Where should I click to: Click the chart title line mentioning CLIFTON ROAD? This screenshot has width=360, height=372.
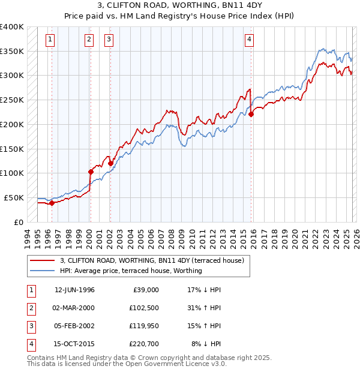point(179,7)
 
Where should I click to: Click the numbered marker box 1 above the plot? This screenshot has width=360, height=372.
point(49,40)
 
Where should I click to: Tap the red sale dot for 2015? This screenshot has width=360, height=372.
point(251,114)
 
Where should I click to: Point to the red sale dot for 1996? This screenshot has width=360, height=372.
point(52,203)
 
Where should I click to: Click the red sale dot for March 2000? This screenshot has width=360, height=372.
point(91,172)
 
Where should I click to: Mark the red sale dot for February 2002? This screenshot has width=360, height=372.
point(110,163)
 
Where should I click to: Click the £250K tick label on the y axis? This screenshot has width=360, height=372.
point(12,100)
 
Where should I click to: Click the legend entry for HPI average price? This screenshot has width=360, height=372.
point(131,271)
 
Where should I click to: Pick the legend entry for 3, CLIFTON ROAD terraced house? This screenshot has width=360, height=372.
point(151,261)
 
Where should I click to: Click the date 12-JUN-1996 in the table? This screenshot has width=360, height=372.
point(74,290)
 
